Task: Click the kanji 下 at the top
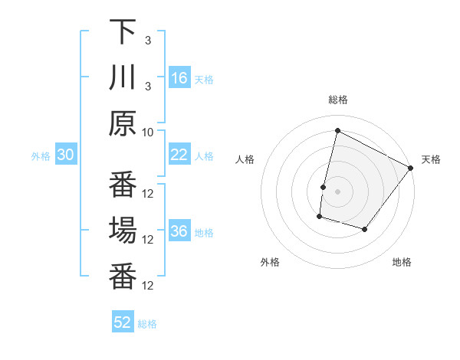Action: (x=123, y=33)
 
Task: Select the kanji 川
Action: (x=123, y=77)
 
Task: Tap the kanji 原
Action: (x=123, y=123)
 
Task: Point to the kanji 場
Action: (x=123, y=230)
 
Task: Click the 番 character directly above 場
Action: (x=123, y=185)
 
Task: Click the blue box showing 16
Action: (x=179, y=78)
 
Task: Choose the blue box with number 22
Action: (x=179, y=155)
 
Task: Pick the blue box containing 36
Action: (x=179, y=232)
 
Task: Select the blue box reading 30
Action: (x=66, y=155)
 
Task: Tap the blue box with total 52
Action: (x=123, y=322)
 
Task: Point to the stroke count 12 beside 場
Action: (x=149, y=239)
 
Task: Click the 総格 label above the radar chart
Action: (x=337, y=100)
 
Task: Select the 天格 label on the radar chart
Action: (x=431, y=159)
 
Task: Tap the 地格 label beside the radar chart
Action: (x=402, y=262)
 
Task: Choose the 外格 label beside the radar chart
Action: (x=270, y=262)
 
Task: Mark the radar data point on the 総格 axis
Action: (x=337, y=130)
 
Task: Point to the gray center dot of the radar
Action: (x=337, y=191)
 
